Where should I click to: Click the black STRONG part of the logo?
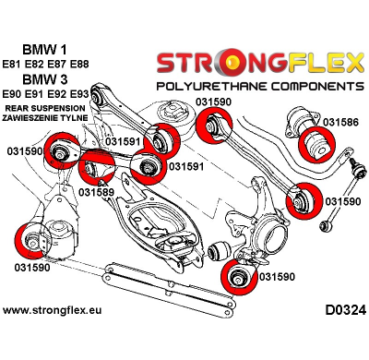pyautogui.click(x=197, y=63)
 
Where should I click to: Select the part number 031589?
pyautogui.click(x=97, y=192)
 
